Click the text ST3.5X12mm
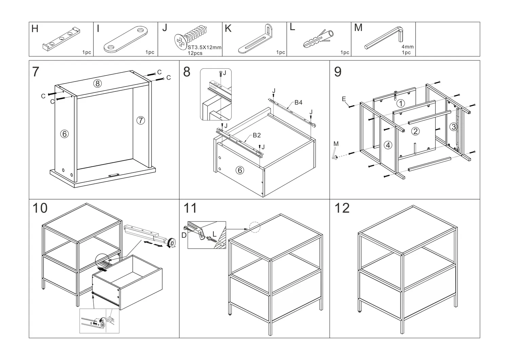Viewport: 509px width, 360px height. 205,48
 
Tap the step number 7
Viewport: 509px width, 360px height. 36,72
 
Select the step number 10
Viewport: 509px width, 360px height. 40,208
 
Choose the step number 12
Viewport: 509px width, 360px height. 342,208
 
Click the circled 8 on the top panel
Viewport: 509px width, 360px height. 98,84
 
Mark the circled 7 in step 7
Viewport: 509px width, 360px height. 140,120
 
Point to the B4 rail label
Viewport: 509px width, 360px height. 298,102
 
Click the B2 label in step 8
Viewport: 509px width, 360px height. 257,135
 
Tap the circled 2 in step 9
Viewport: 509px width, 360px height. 415,131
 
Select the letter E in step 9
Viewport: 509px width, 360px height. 344,99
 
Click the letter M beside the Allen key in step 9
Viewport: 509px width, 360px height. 336,144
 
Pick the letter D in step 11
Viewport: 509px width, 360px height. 184,235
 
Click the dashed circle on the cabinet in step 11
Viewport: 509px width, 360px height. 254,227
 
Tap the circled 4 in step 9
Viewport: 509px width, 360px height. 388,145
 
